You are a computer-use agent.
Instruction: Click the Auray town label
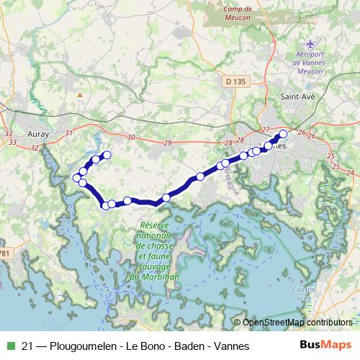(36, 133)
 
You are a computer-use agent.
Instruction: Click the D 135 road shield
(235, 82)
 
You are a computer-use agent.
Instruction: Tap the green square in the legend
(9, 346)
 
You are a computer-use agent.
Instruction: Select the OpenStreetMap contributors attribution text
(297, 323)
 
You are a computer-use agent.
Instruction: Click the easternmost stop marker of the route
(283, 134)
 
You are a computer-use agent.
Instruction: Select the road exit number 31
(68, 132)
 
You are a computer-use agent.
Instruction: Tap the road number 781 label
(6, 253)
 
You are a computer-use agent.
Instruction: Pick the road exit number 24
(350, 172)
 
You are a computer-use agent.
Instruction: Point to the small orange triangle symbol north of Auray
(80, 94)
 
